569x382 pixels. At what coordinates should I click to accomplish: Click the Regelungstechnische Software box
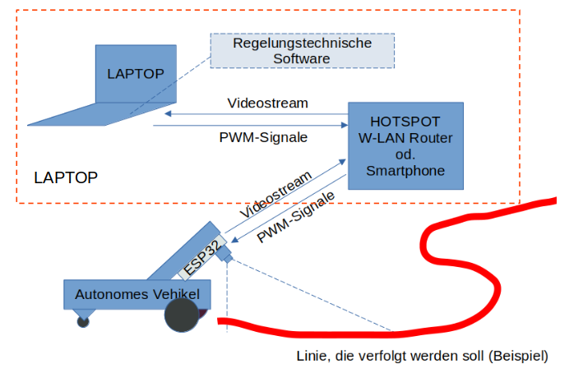(x=302, y=51)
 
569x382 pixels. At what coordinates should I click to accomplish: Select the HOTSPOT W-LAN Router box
(x=405, y=145)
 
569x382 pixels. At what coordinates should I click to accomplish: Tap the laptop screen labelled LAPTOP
(x=136, y=74)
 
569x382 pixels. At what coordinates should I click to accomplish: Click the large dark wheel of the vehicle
(x=182, y=315)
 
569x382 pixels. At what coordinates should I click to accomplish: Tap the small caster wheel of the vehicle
(x=83, y=321)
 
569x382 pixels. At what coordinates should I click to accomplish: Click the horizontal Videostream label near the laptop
(x=267, y=103)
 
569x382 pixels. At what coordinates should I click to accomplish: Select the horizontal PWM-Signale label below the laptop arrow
(x=263, y=137)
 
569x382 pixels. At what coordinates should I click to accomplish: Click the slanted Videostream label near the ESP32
(x=276, y=195)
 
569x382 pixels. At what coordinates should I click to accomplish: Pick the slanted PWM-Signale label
(x=296, y=218)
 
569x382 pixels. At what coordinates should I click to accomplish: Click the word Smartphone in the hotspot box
(x=405, y=171)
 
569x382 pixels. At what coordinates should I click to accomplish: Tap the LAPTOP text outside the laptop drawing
(x=66, y=177)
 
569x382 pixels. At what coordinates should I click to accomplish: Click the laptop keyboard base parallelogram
(x=90, y=114)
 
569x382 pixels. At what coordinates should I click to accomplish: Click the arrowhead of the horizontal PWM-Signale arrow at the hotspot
(x=343, y=126)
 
